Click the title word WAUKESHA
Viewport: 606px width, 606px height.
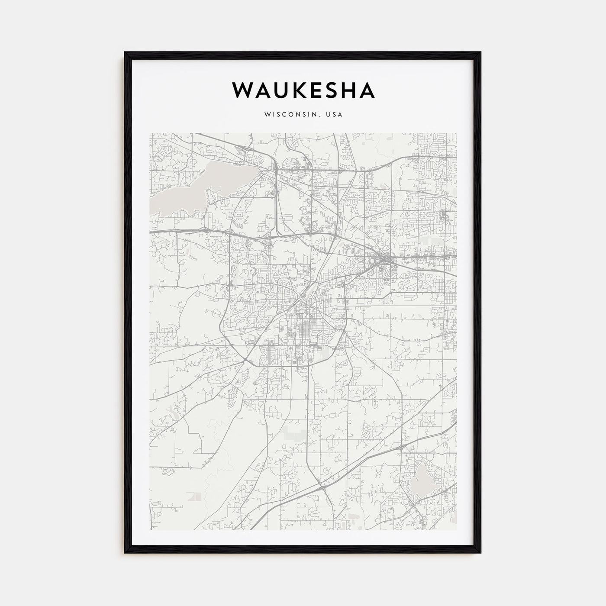[303, 90]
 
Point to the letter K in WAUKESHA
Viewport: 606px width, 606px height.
[294, 90]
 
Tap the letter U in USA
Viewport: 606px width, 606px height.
[329, 115]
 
